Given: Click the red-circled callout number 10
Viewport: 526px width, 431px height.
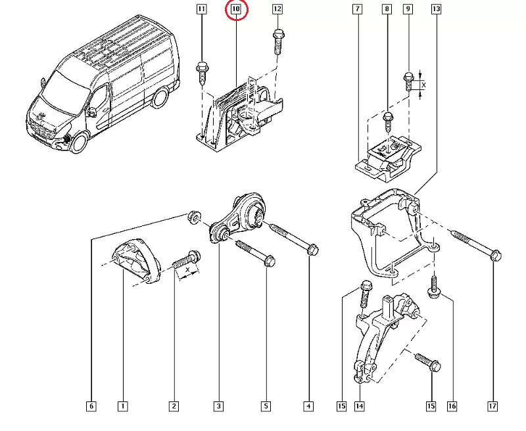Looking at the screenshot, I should click(x=236, y=10).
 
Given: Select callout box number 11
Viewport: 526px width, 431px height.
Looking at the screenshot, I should click(x=201, y=9).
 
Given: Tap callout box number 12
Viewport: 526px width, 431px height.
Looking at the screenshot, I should click(x=277, y=9).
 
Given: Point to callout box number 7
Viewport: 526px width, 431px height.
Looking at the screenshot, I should click(x=356, y=9).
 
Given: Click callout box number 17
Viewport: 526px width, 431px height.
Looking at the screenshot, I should click(x=492, y=407).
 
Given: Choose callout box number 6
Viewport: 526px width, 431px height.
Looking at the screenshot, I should click(x=91, y=407).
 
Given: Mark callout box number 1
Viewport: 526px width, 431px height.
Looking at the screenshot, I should click(x=122, y=407).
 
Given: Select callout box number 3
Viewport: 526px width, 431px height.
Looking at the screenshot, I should click(x=218, y=407).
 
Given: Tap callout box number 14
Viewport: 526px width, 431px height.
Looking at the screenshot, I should click(x=360, y=407).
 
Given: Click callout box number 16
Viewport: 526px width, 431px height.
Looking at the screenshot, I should click(x=452, y=407).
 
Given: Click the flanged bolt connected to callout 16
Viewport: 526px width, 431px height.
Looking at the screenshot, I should click(x=435, y=289).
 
